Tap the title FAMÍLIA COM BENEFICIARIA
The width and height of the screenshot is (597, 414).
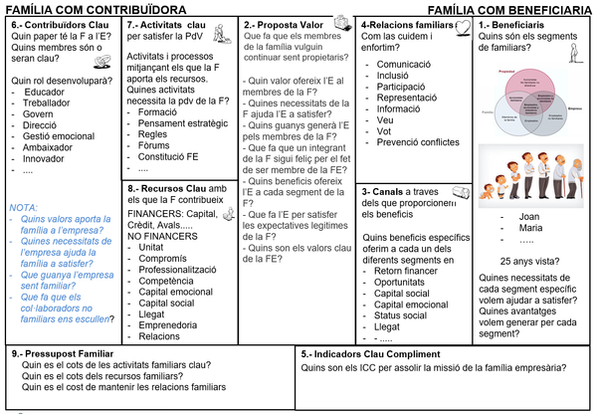(x=516, y=8)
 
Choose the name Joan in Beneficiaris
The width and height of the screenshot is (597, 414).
(x=528, y=216)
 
